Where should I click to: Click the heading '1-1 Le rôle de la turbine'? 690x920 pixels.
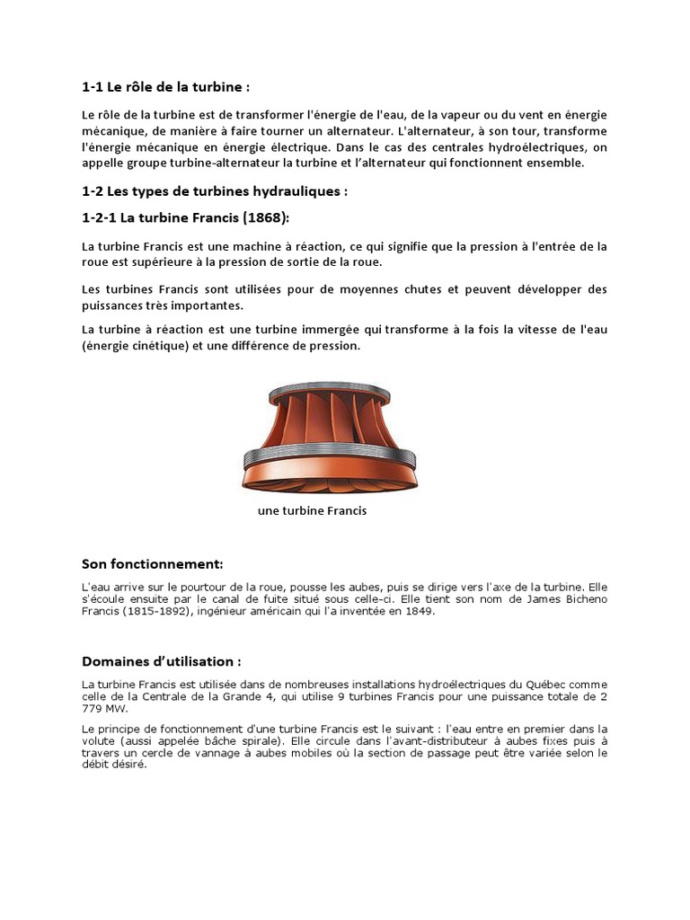(x=164, y=87)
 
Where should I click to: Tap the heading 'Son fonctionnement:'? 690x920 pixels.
(x=152, y=563)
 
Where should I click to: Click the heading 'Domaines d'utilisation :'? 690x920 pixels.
(x=162, y=661)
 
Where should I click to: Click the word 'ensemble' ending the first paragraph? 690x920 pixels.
(x=557, y=163)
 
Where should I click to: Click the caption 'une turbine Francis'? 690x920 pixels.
(x=312, y=510)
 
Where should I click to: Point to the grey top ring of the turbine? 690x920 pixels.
(x=329, y=388)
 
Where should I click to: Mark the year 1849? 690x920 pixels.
(x=420, y=611)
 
